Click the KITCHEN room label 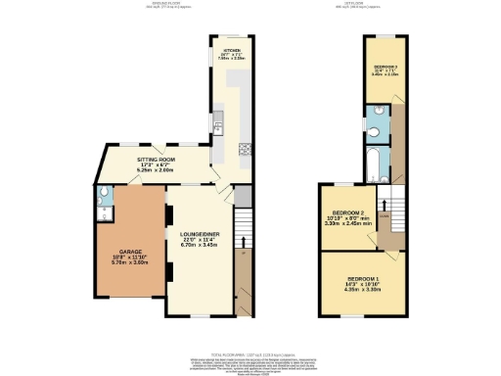pyautogui.click(x=232, y=48)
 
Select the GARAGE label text pyautogui.click(x=117, y=252)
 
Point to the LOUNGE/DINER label pyautogui.click(x=199, y=234)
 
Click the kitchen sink pyautogui.click(x=221, y=121)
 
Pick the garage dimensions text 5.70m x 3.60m pyautogui.click(x=117, y=262)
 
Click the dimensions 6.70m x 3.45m pyautogui.click(x=199, y=247)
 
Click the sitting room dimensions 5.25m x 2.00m pyautogui.click(x=156, y=169)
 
